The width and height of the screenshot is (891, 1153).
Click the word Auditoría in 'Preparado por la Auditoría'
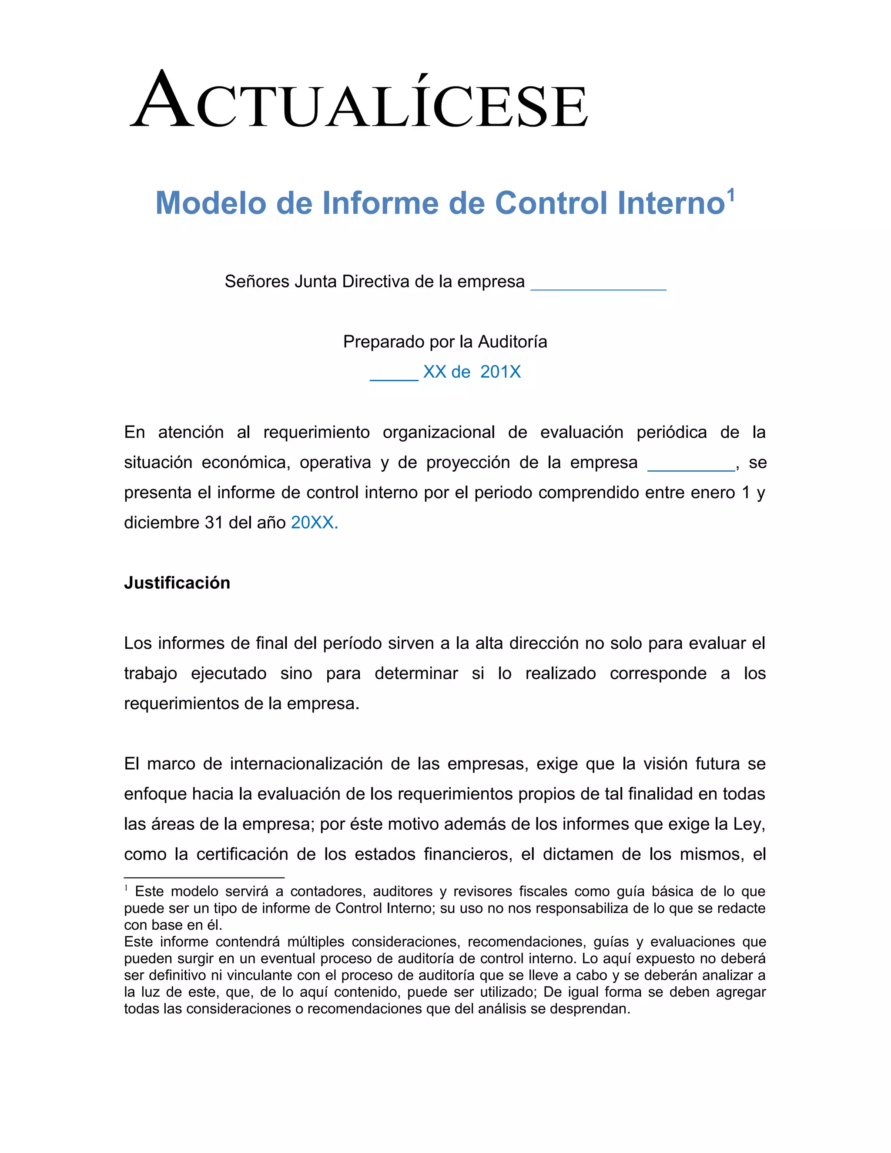tap(512, 342)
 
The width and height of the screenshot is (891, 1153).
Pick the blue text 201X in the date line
tap(500, 372)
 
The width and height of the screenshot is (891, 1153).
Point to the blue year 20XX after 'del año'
tap(314, 523)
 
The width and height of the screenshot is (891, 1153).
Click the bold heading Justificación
tap(177, 583)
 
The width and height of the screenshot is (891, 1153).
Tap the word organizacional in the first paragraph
tap(439, 432)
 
